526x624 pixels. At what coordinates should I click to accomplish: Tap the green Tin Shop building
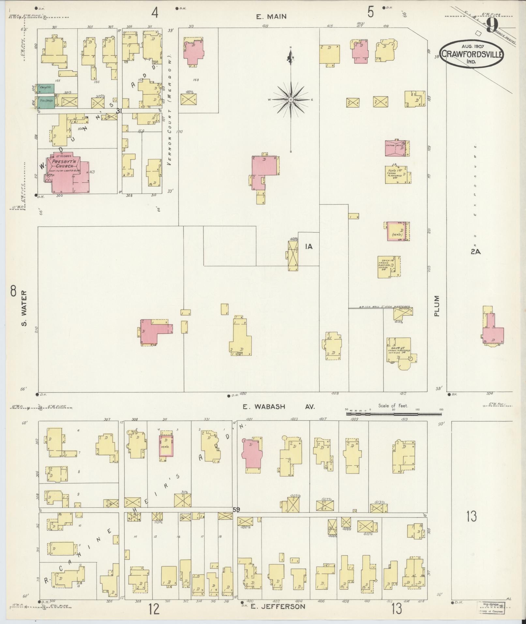click(46, 101)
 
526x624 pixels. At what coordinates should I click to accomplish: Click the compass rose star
click(290, 99)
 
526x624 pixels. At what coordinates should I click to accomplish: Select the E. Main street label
click(271, 17)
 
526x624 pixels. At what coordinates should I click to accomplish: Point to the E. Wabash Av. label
click(279, 407)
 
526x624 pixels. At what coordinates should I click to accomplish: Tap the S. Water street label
click(25, 309)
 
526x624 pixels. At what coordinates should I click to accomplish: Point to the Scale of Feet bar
click(394, 414)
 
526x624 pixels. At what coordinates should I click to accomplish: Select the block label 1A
click(308, 247)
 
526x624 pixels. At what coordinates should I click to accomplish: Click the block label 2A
click(476, 251)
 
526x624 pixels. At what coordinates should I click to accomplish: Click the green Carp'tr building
click(45, 88)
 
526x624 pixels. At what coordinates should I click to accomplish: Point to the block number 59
click(236, 510)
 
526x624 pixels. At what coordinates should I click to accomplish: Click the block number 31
click(119, 111)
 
